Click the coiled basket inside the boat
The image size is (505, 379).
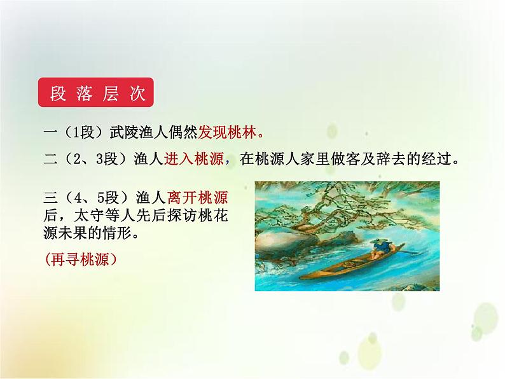pos(349,261)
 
